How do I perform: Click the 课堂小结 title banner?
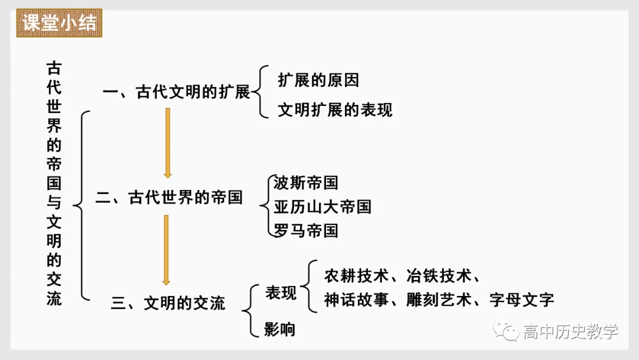(x=59, y=23)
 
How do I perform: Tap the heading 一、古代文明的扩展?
(x=176, y=92)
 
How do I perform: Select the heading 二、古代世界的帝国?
(x=169, y=197)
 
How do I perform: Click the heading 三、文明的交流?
(x=169, y=303)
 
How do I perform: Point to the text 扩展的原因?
(x=318, y=80)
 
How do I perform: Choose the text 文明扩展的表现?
(x=335, y=110)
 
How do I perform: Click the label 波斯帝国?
(x=306, y=182)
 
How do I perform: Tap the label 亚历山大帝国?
(x=322, y=207)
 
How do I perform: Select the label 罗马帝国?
(x=306, y=230)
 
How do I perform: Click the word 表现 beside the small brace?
(x=281, y=292)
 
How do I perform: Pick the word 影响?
(x=280, y=329)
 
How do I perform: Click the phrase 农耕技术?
(x=356, y=276)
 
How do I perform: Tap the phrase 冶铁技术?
(x=438, y=276)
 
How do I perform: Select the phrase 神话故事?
(x=356, y=300)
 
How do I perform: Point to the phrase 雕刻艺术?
(x=438, y=300)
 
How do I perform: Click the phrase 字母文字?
(x=522, y=300)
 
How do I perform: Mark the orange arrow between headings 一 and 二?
(x=167, y=143)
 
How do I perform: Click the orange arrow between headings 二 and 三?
(x=166, y=249)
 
